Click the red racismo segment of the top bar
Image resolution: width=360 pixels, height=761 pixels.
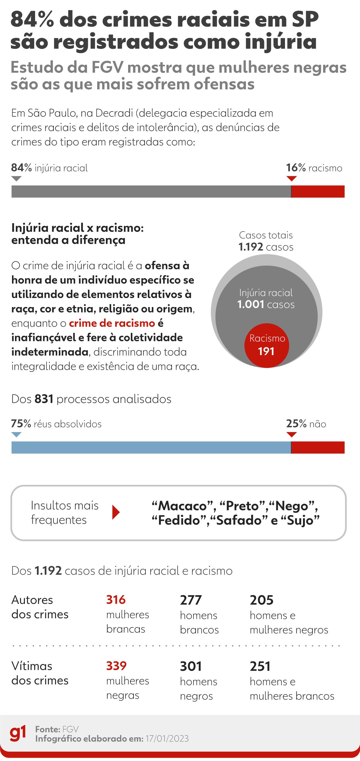(318, 192)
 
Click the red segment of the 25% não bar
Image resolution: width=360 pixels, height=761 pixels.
(318, 447)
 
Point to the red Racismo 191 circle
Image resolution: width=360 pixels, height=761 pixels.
(266, 345)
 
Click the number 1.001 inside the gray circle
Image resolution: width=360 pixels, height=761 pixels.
(250, 305)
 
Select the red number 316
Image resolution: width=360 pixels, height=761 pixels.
(116, 600)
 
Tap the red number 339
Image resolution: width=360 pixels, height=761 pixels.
(116, 666)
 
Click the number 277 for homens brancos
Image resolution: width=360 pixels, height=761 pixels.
(191, 600)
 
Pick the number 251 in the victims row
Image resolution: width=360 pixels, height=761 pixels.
(260, 666)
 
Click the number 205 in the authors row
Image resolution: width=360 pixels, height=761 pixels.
(262, 600)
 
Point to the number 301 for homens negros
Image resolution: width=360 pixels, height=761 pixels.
(191, 666)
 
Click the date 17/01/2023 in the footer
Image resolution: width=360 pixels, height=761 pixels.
(167, 739)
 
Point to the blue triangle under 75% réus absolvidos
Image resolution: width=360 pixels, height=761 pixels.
(16, 434)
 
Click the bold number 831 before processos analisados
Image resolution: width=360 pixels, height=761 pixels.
(44, 399)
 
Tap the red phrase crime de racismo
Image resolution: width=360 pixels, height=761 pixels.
(112, 323)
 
